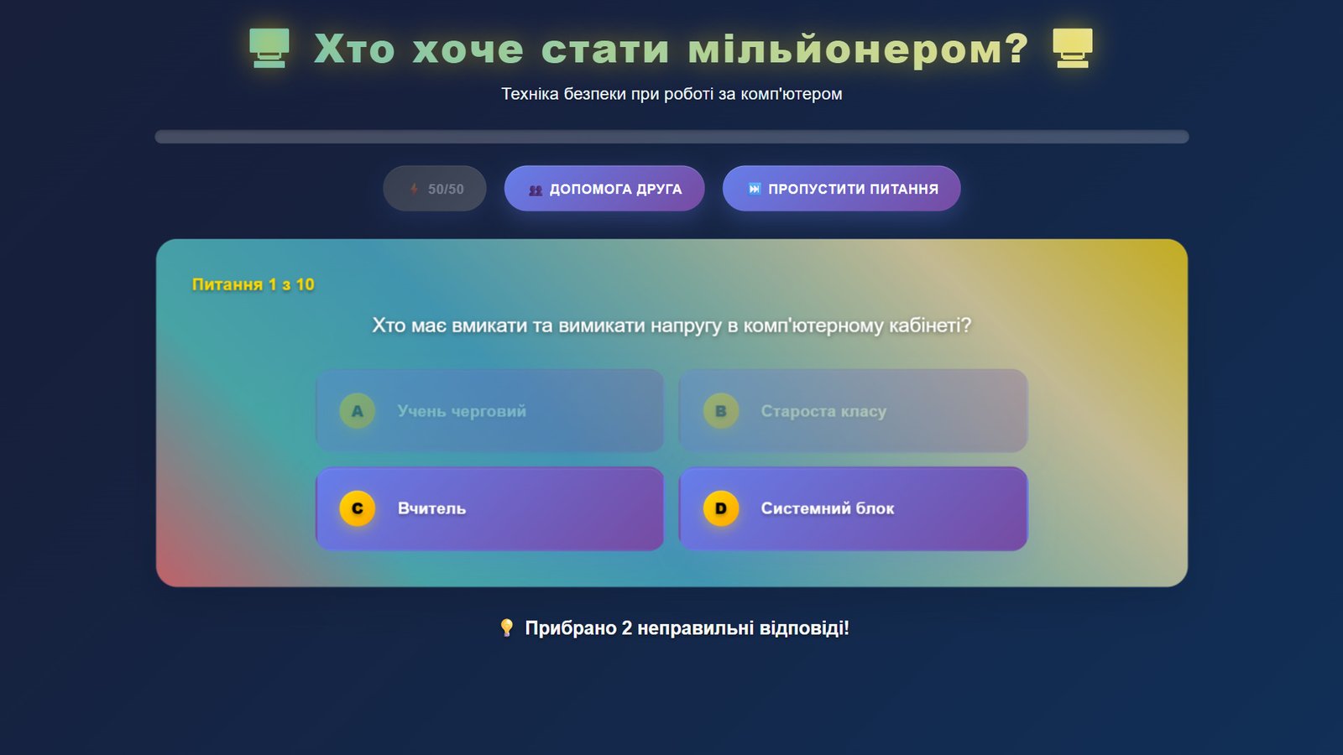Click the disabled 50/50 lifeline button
click(x=435, y=189)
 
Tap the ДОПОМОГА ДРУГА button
click(x=604, y=189)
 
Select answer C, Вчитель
click(x=490, y=508)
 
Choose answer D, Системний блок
click(x=853, y=508)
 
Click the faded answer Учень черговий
click(x=490, y=411)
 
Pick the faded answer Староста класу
click(x=853, y=411)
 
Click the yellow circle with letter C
click(x=358, y=508)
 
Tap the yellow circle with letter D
click(x=721, y=508)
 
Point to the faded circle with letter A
click(x=358, y=411)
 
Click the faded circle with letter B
click(x=721, y=411)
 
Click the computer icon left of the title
click(x=269, y=48)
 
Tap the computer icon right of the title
click(x=1073, y=48)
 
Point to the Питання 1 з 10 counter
click(x=253, y=284)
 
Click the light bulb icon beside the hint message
click(x=507, y=628)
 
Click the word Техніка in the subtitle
click(x=530, y=94)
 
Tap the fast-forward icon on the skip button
click(x=755, y=189)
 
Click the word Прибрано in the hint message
click(x=570, y=628)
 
